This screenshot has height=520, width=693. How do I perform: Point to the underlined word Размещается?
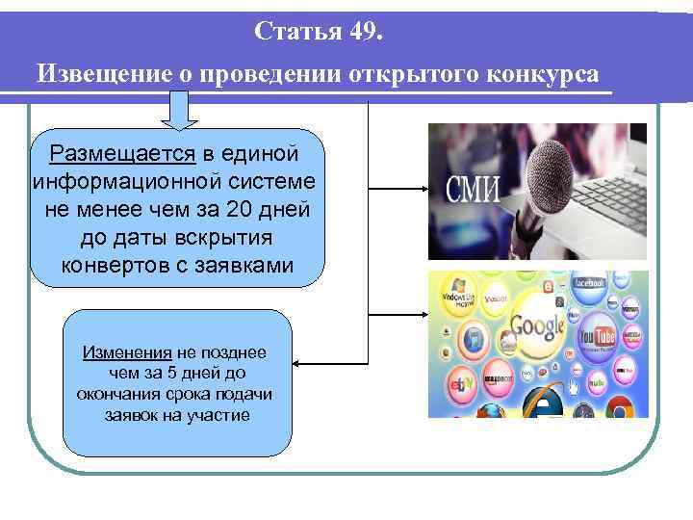(x=123, y=154)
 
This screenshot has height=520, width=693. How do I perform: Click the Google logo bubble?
(x=537, y=325)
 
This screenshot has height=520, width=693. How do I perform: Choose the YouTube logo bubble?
(x=597, y=337)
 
